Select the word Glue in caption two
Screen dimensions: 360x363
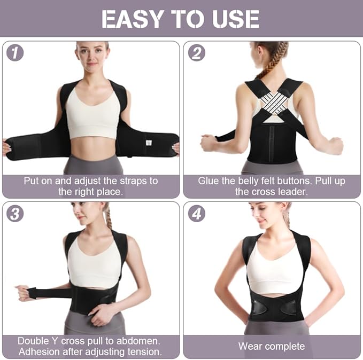(208, 181)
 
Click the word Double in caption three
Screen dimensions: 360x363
(33, 341)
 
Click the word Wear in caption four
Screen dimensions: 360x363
(250, 346)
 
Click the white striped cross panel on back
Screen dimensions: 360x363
(274, 102)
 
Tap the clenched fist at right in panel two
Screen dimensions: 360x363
(335, 145)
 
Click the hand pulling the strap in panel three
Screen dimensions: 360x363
(23, 292)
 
